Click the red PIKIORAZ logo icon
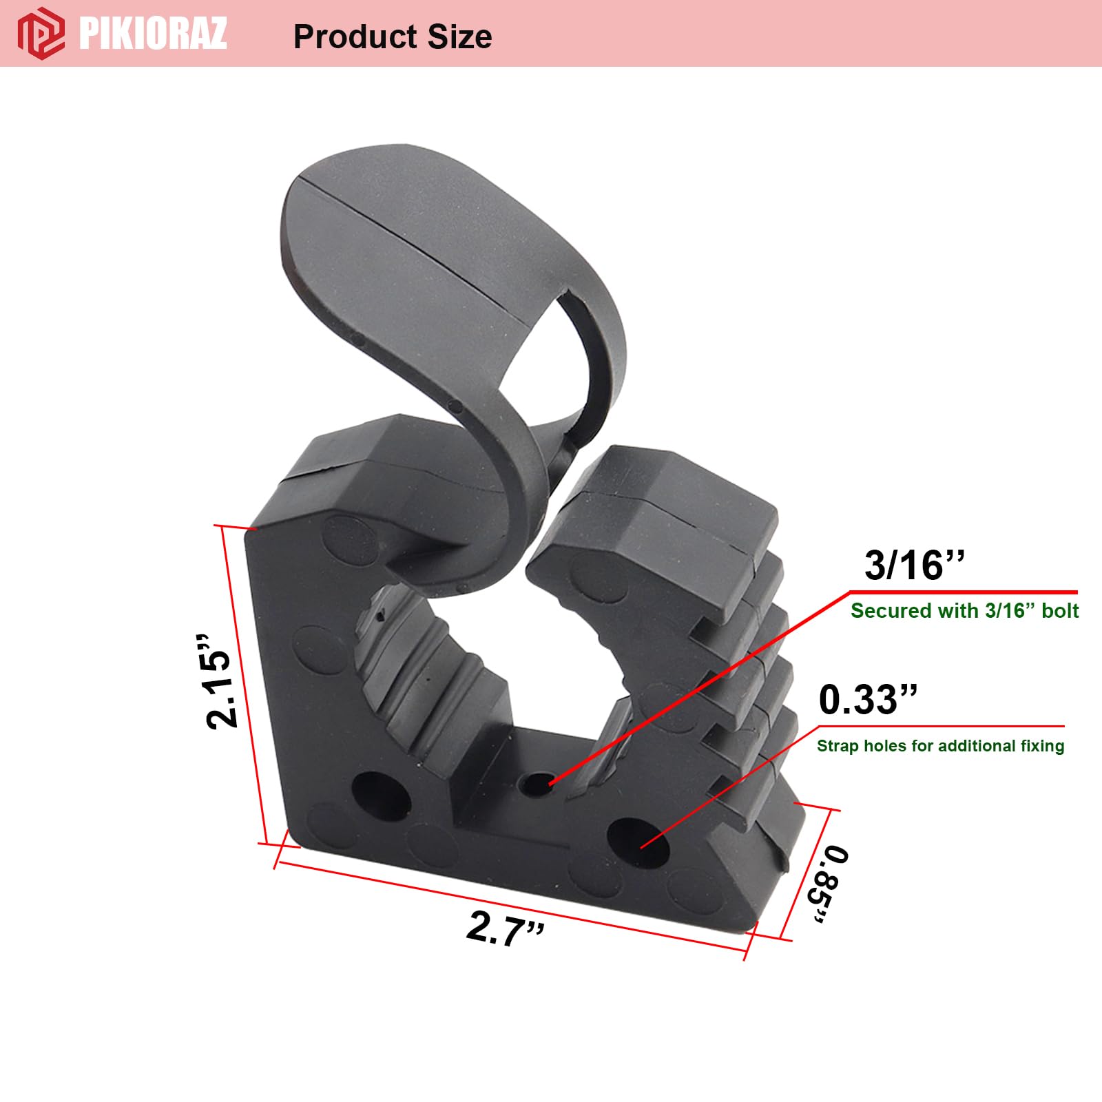41,32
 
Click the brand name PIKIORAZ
153,32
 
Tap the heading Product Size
393,37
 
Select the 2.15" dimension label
219,682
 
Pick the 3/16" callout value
914,565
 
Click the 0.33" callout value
868,700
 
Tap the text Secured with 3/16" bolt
964,611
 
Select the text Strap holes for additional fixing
940,746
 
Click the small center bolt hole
535,784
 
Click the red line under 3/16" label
964,592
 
